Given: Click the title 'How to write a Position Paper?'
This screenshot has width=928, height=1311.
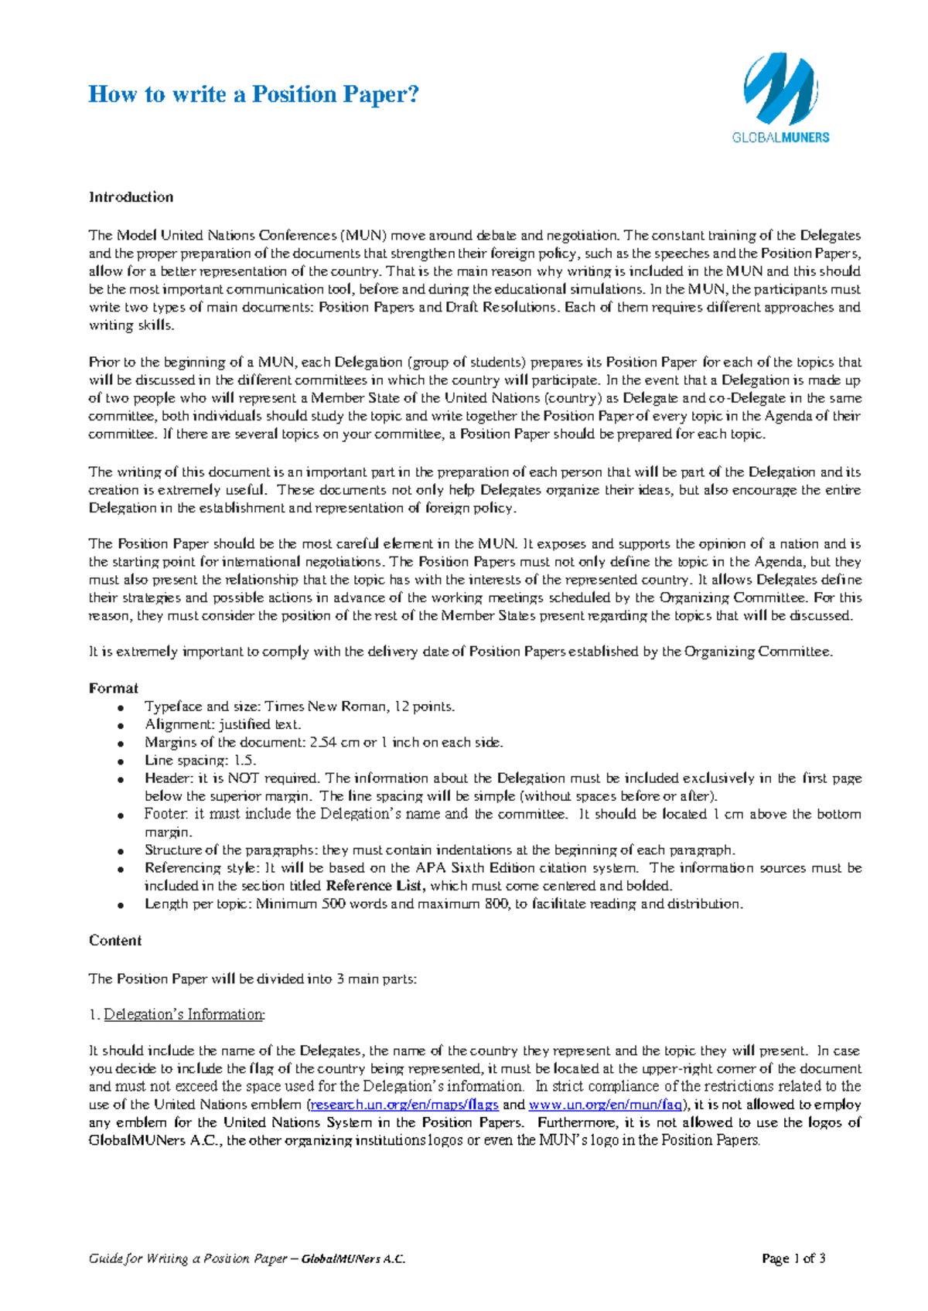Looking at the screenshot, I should pyautogui.click(x=254, y=94).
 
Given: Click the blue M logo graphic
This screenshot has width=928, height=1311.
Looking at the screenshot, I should pyautogui.click(x=780, y=89).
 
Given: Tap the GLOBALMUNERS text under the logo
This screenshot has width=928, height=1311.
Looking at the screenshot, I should pyautogui.click(x=780, y=138).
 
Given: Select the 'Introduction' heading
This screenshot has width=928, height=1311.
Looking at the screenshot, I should pyautogui.click(x=131, y=197).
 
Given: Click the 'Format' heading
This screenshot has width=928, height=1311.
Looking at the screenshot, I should pyautogui.click(x=114, y=688).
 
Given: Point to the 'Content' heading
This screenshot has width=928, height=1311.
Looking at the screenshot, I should pyautogui.click(x=115, y=941).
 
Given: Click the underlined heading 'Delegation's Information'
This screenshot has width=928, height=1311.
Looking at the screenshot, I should pyautogui.click(x=184, y=1014).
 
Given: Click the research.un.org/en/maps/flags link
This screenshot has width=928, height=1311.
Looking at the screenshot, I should pyautogui.click(x=404, y=1105).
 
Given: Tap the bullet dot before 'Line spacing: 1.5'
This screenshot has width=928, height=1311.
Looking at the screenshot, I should pyautogui.click(x=120, y=762).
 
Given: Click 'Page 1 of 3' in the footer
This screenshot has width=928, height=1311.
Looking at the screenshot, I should pyautogui.click(x=793, y=1258).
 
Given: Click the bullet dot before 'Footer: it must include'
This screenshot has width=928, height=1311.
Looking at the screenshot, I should pyautogui.click(x=120, y=816).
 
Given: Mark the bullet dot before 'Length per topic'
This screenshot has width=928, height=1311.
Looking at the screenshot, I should pyautogui.click(x=120, y=905).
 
